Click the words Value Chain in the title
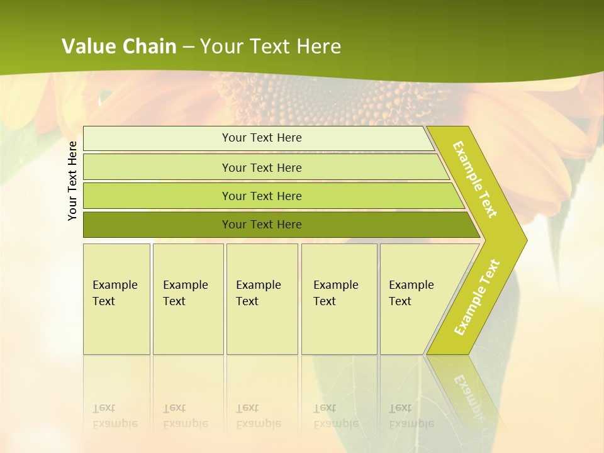click(119, 47)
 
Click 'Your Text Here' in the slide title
click(271, 47)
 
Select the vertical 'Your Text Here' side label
click(72, 181)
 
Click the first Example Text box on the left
click(116, 299)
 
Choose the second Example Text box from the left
click(188, 299)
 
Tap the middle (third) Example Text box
click(262, 299)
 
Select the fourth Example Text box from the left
click(339, 299)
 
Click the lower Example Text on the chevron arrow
click(477, 297)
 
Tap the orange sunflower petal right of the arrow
click(554, 157)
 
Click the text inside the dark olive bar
click(262, 225)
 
